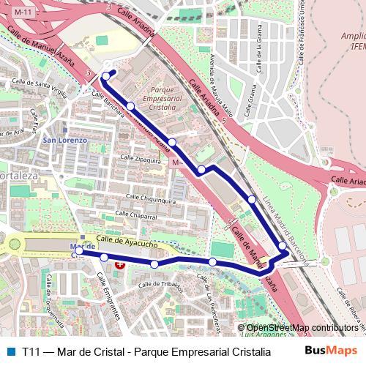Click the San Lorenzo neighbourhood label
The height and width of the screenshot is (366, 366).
65,140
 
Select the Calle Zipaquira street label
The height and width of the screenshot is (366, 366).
141,158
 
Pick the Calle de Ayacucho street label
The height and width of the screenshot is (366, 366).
127,241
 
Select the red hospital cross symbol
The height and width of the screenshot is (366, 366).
120,267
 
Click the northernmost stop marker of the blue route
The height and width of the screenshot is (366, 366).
106,76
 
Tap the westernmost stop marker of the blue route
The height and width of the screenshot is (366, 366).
79,250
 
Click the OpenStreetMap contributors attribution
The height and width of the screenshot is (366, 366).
302,328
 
